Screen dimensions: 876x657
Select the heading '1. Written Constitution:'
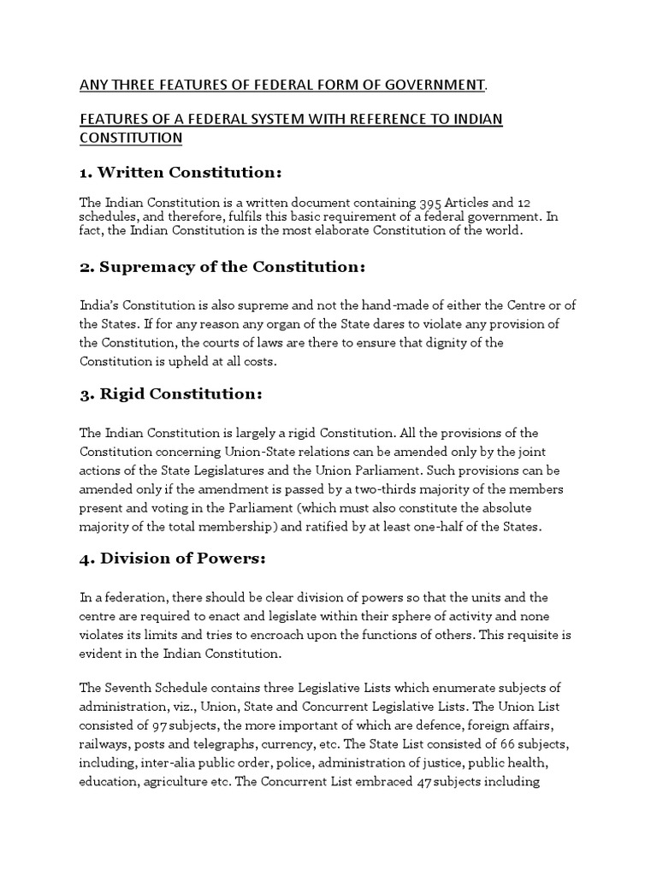coord(181,172)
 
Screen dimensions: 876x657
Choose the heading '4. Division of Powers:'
coord(174,559)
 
